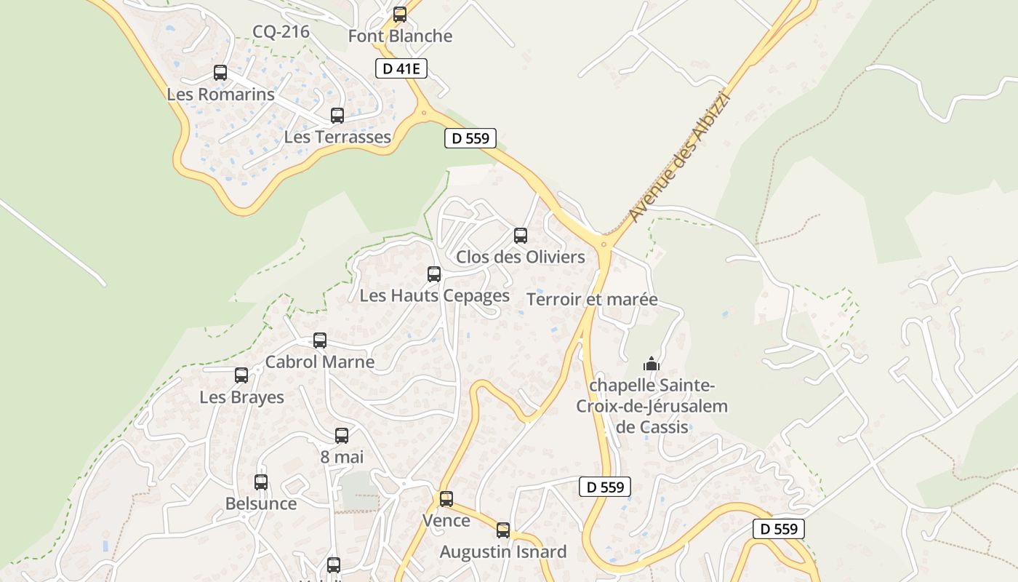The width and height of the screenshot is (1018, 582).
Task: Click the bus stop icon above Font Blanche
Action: pyautogui.click(x=399, y=15)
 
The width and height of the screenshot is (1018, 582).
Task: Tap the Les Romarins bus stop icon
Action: pyautogui.click(x=220, y=73)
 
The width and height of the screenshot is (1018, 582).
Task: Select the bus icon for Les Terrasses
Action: pyautogui.click(x=337, y=115)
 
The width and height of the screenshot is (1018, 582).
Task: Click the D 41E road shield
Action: pyautogui.click(x=401, y=69)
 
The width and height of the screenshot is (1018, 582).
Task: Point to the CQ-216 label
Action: pyautogui.click(x=281, y=32)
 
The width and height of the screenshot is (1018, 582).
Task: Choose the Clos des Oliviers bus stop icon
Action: pyautogui.click(x=521, y=236)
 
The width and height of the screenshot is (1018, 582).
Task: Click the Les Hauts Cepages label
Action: pyautogui.click(x=434, y=296)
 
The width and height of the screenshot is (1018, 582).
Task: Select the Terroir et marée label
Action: pyautogui.click(x=592, y=300)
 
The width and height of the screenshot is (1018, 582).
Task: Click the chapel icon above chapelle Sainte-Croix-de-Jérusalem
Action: pyautogui.click(x=651, y=363)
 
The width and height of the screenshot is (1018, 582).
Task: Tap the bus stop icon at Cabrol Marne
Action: pyautogui.click(x=320, y=340)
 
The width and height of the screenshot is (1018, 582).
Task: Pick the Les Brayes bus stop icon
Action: pyautogui.click(x=241, y=375)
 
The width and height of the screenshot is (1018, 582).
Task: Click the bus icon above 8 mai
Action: pyautogui.click(x=342, y=436)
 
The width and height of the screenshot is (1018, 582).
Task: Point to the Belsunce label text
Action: pyautogui.click(x=261, y=503)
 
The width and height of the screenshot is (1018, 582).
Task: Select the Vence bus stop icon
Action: pyautogui.click(x=446, y=499)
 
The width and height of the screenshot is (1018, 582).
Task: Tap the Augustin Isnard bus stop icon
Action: pyautogui.click(x=503, y=530)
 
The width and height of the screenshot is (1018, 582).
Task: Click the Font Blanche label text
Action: pyautogui.click(x=400, y=36)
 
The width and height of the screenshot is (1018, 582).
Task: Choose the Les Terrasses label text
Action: pyautogui.click(x=337, y=137)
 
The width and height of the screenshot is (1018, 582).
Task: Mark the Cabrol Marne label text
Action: pyautogui.click(x=320, y=362)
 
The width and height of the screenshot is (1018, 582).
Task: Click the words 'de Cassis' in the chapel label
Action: pyautogui.click(x=652, y=427)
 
